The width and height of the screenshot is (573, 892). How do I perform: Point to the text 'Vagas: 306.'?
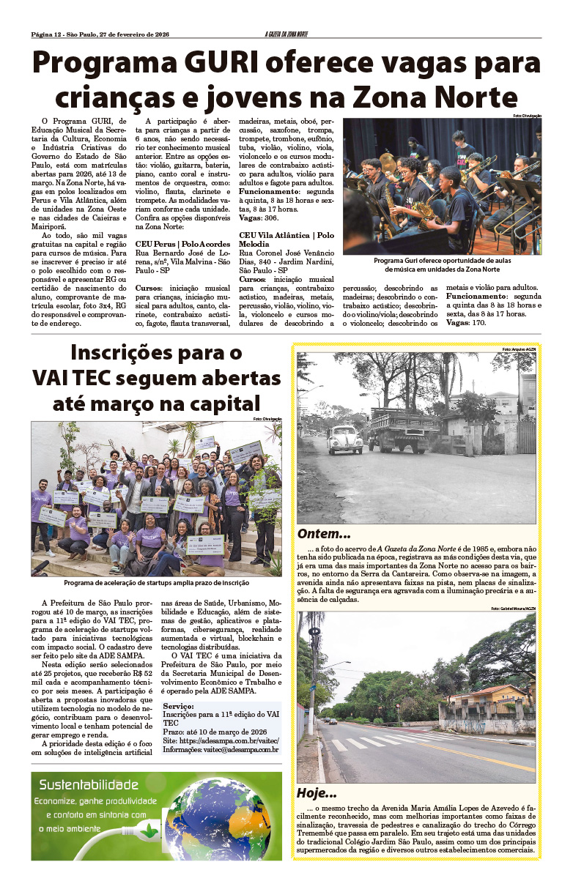click(x=260, y=218)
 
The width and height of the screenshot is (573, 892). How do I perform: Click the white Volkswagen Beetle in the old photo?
click(x=345, y=439)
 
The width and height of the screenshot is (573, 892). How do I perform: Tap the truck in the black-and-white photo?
click(x=404, y=429)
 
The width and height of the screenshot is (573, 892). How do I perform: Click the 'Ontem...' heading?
click(x=323, y=534)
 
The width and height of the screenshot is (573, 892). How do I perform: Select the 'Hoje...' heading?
click(x=317, y=793)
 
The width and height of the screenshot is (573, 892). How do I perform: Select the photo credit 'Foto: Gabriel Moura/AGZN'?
click(x=514, y=609)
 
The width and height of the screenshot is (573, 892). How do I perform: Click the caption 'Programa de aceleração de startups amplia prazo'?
click(x=156, y=582)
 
